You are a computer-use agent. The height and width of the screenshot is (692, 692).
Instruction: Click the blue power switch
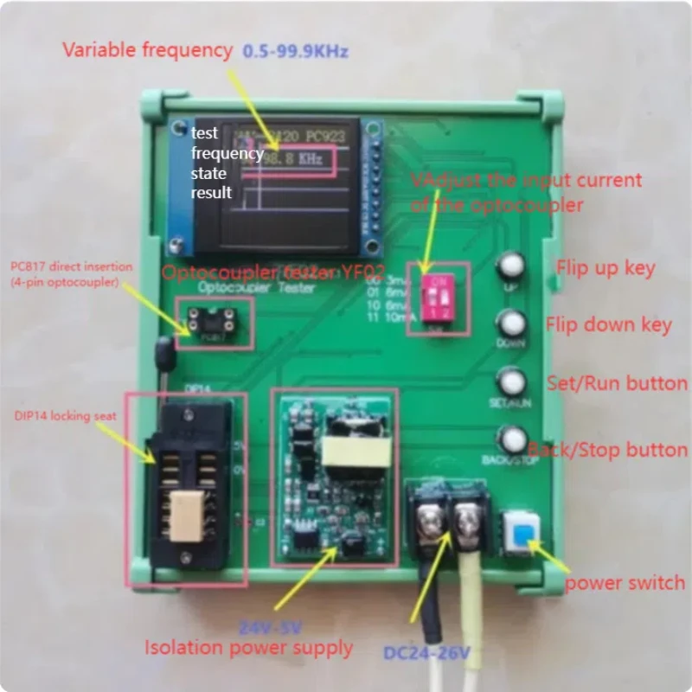point(522,530)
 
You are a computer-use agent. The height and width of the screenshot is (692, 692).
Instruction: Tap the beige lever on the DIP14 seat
point(186,516)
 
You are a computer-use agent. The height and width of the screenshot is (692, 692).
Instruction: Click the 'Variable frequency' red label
point(147,50)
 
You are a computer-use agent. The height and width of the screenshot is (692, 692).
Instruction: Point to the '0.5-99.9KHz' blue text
point(295,51)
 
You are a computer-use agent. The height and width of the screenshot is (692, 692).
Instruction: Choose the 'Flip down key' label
point(608,325)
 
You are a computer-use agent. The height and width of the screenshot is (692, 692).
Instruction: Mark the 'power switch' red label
point(625,583)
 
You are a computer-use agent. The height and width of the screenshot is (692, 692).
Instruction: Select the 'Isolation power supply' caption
point(248,647)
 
